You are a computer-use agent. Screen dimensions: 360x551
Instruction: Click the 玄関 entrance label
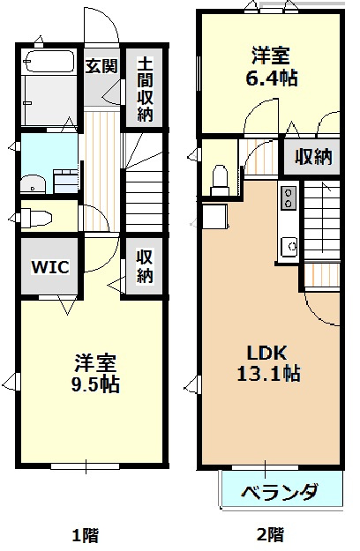(x=101, y=66)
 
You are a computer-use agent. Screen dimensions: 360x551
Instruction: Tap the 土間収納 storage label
(x=145, y=89)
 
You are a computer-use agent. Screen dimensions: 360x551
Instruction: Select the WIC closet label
(x=50, y=267)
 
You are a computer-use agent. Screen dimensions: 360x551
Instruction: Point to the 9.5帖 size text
(x=95, y=383)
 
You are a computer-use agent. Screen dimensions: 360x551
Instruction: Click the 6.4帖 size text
(x=271, y=78)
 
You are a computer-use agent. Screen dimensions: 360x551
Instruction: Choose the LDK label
(x=266, y=353)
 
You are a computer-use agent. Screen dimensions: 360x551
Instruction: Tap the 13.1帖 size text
(x=268, y=373)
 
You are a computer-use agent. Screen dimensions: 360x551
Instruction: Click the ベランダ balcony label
(x=280, y=491)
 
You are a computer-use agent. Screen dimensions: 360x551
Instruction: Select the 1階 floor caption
(x=85, y=536)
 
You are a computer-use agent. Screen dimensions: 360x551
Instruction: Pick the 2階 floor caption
(x=270, y=535)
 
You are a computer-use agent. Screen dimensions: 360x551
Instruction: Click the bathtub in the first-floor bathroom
(x=49, y=62)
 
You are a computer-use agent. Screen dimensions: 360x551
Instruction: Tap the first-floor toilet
(x=36, y=218)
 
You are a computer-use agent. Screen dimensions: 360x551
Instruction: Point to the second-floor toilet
(x=220, y=180)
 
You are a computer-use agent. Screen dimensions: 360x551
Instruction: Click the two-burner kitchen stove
(x=289, y=197)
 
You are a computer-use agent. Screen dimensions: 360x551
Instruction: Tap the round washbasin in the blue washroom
(x=33, y=183)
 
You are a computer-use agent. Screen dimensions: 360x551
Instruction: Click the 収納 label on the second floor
(x=313, y=157)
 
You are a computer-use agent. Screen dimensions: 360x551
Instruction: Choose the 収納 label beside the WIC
(x=145, y=266)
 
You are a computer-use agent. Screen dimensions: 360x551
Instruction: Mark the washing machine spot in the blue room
(x=65, y=181)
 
